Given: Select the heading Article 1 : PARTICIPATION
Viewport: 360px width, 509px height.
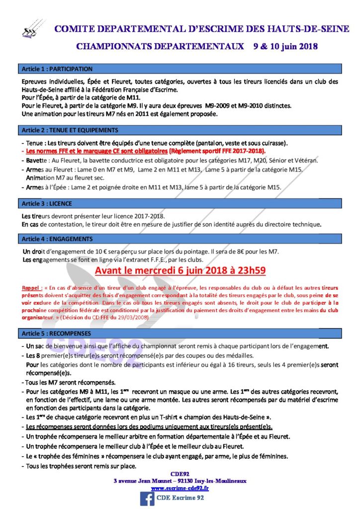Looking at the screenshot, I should (57, 69).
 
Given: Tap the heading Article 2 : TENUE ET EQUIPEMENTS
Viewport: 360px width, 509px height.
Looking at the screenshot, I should (70, 130).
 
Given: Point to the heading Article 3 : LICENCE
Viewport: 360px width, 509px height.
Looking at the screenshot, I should (47, 204).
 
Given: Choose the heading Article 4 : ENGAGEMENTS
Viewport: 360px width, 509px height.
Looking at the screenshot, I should (57, 239).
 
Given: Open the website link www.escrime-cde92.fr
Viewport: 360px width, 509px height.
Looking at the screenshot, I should (180, 488).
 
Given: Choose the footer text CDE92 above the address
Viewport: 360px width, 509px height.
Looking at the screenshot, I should (180, 474).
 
